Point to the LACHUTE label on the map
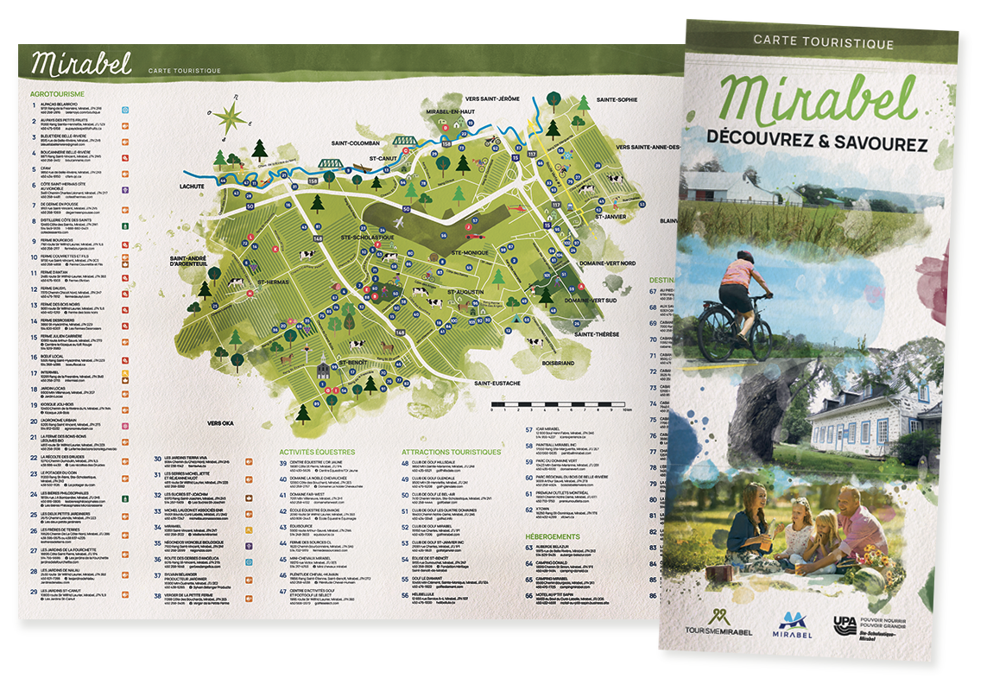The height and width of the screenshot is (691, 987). pos(188,186)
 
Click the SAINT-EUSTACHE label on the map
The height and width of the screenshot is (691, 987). pos(490,382)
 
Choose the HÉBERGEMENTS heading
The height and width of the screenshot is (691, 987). pos(554,536)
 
